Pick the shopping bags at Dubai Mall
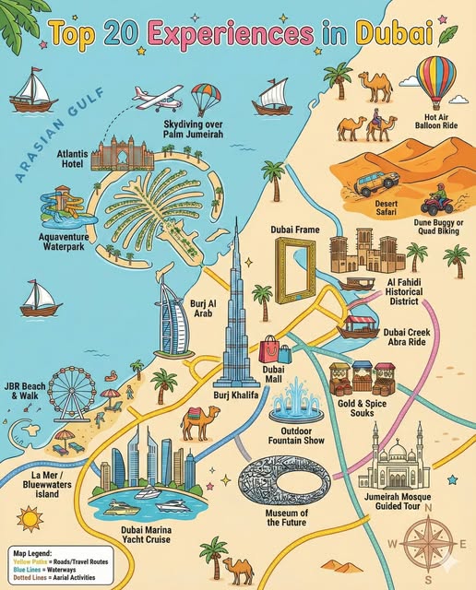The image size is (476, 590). [275, 348]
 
